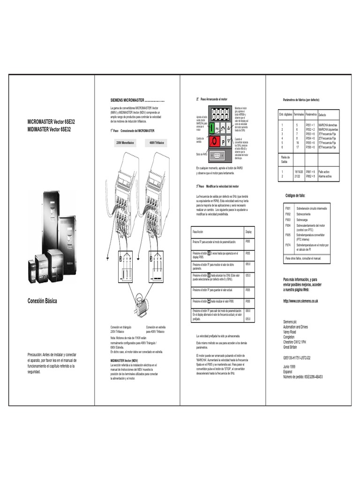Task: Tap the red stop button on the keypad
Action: pos(214,141)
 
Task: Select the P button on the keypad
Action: pos(223,141)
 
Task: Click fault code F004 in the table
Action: pos(288,225)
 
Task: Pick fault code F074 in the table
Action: pos(288,245)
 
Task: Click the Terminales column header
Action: pos(299,114)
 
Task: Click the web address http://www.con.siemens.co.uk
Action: pos(301,301)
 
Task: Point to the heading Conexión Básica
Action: pos(42,301)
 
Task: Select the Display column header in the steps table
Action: pos(248,232)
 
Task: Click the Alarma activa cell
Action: pos(325,176)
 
